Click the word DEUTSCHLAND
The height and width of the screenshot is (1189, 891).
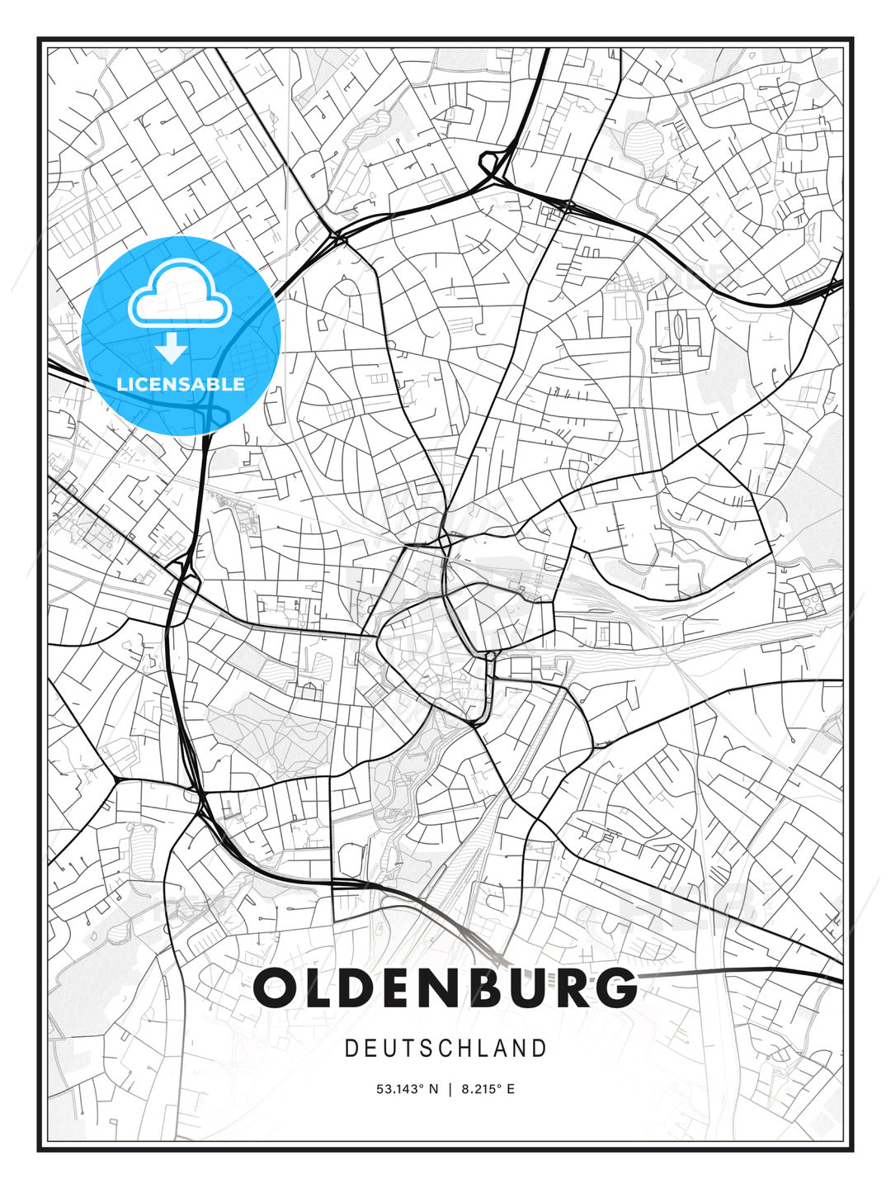coord(445,1049)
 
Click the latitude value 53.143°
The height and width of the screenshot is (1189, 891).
coord(401,1089)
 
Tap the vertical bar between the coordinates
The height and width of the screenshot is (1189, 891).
coord(450,1089)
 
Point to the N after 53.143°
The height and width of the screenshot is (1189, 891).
coord(434,1089)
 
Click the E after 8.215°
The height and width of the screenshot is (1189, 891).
coord(511,1089)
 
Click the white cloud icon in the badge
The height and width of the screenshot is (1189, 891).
coord(178,294)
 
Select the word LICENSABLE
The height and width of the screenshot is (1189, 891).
coord(181,384)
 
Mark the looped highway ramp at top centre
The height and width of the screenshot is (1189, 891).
coord(493,164)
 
